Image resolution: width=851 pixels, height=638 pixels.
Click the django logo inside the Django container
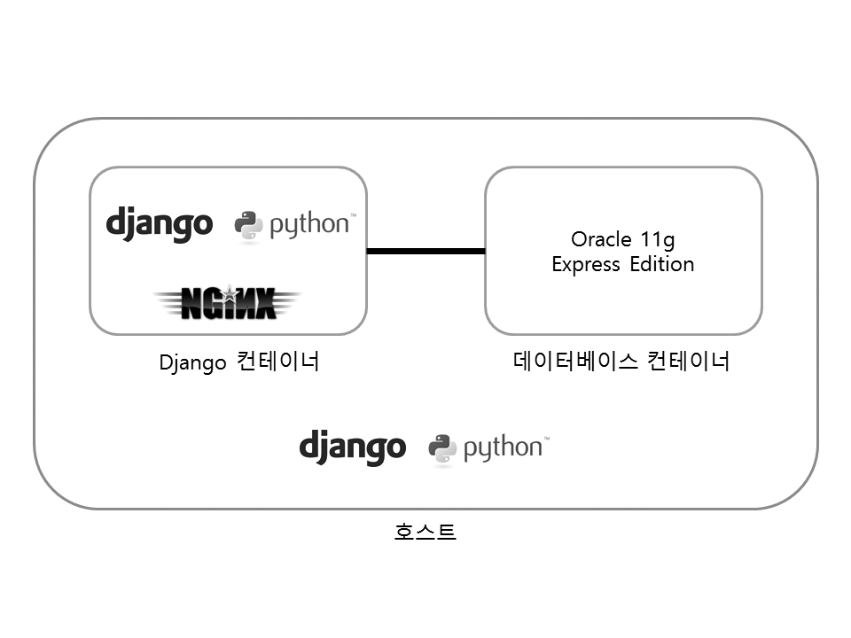pos(160,223)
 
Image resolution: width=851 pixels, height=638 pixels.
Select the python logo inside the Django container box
pos(295,225)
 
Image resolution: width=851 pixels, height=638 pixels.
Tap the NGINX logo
pos(228,303)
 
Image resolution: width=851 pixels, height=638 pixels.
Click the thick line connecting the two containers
pos(425,251)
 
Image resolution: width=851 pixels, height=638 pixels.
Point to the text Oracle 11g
pos(622,239)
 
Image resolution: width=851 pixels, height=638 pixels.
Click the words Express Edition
pos(622,264)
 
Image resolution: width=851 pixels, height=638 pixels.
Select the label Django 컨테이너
pos(238,362)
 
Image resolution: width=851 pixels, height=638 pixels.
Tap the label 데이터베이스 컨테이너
pos(621,362)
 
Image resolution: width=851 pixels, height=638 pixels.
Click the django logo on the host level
pos(352,447)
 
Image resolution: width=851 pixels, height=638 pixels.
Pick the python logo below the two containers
pos(488,448)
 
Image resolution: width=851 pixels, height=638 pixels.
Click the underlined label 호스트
pos(425,532)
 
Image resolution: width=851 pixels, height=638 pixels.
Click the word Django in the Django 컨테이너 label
pos(192,363)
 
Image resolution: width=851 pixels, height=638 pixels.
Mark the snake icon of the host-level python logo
pos(442,449)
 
